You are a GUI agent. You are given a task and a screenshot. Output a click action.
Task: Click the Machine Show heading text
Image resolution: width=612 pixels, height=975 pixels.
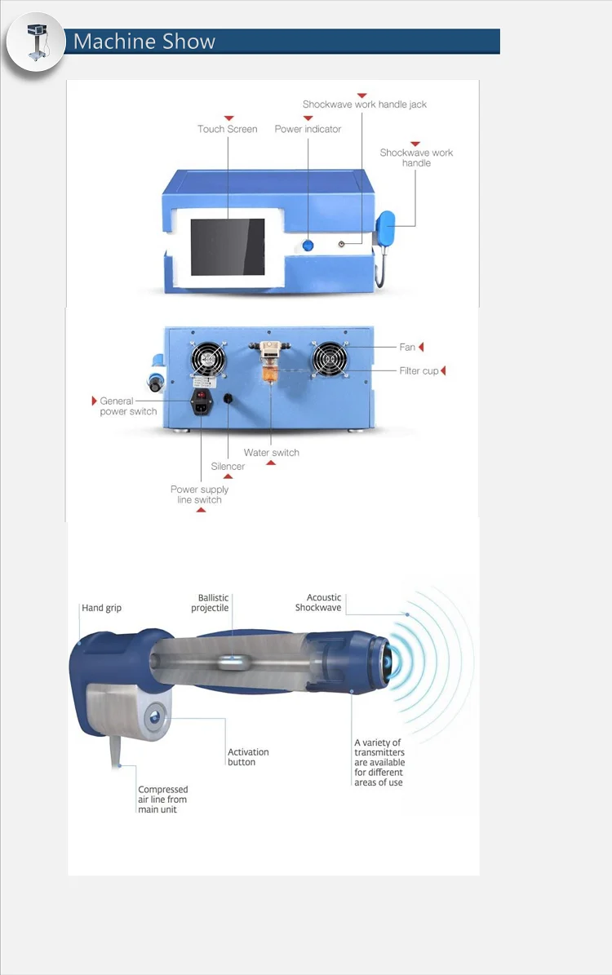click(144, 42)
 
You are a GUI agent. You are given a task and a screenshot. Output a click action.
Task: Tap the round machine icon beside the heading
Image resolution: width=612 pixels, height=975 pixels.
click(36, 42)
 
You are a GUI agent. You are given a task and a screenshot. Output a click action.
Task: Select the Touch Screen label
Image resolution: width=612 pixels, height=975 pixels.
click(228, 129)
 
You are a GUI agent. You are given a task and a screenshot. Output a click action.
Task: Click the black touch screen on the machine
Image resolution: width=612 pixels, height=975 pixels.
click(228, 247)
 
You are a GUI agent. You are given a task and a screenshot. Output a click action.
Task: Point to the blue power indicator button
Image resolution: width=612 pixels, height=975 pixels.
click(308, 246)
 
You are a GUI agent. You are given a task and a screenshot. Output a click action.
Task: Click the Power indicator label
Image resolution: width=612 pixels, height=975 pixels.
click(308, 129)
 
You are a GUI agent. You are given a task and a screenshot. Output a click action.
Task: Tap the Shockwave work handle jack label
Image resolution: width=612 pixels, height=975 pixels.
click(365, 104)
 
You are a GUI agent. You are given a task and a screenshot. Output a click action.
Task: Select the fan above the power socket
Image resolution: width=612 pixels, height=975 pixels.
click(208, 360)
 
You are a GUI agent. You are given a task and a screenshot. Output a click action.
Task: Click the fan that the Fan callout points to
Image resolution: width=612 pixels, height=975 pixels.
click(329, 360)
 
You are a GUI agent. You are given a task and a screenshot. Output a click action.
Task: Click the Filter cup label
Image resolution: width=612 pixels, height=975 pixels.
click(419, 370)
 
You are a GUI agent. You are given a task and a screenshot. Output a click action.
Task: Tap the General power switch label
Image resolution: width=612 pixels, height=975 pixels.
click(128, 406)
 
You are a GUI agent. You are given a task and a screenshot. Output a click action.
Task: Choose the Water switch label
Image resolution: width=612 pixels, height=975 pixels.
click(271, 453)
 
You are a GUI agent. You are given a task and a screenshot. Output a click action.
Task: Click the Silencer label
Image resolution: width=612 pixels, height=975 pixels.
click(228, 467)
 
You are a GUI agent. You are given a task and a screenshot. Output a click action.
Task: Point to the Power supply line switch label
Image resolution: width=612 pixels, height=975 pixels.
click(200, 494)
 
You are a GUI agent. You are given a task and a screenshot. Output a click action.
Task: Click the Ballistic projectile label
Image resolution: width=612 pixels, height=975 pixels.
click(210, 602)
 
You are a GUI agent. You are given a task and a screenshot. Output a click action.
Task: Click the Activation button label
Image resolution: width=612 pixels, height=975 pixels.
click(248, 756)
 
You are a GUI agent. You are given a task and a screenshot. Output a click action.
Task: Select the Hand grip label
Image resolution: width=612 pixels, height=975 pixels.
click(101, 608)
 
